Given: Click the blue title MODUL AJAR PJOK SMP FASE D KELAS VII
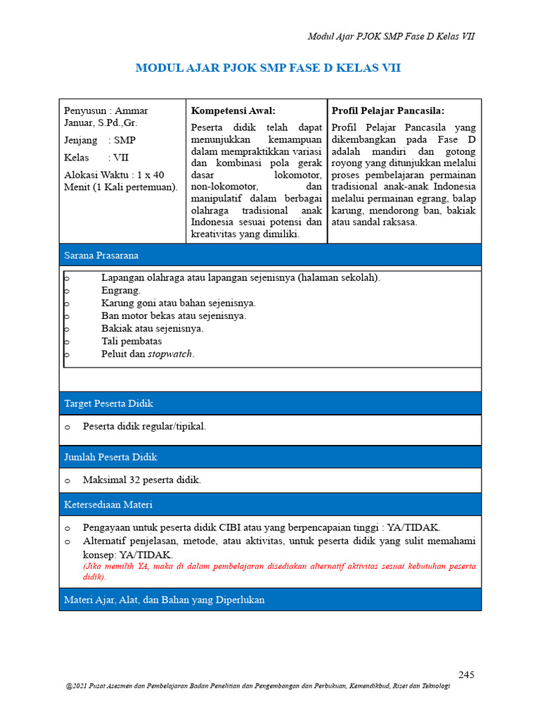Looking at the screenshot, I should point(268,68).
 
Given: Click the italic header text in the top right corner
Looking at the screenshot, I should point(392,36).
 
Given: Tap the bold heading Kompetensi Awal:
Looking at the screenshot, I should point(233,111).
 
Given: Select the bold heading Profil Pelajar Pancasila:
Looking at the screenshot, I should point(388,111).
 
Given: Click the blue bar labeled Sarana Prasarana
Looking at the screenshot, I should point(270,255).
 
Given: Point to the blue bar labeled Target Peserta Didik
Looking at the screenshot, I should point(270,403).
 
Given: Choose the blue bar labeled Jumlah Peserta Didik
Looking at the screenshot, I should point(270,457).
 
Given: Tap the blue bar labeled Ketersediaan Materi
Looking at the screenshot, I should point(270,505).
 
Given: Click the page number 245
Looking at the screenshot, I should point(466,675).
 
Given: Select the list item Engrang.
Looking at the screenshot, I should point(121,290).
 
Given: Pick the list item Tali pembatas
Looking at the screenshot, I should point(131,341).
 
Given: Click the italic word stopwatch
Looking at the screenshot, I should point(170,354).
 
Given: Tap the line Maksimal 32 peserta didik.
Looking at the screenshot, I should point(142,480).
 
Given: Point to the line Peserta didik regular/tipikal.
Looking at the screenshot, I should point(144,427).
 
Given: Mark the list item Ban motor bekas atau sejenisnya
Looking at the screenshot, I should point(174,315).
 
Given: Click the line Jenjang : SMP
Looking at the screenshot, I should point(100,140).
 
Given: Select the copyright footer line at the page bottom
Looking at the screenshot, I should point(257,686).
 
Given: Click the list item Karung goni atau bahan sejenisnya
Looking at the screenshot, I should point(179,303).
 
